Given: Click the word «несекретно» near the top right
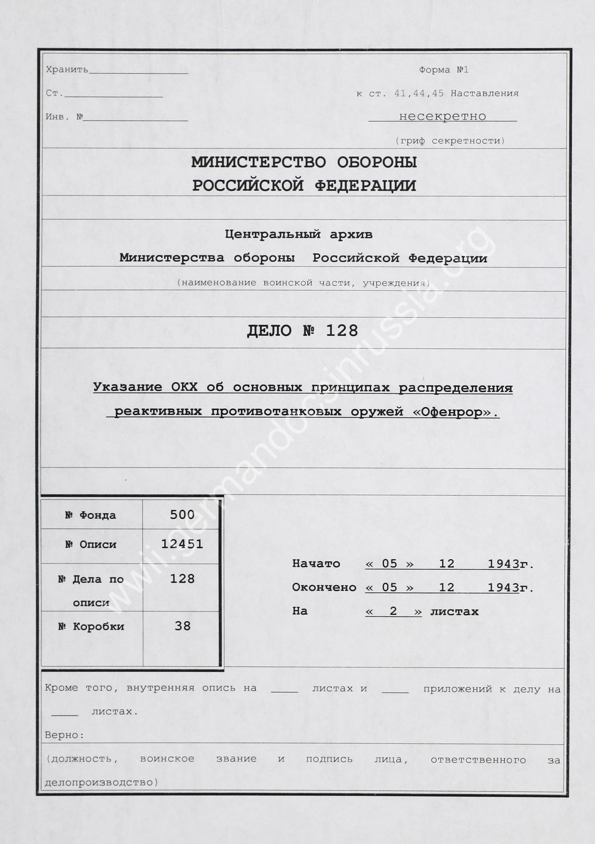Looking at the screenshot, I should pyautogui.click(x=442, y=116).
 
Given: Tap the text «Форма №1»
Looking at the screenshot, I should pyautogui.click(x=443, y=70).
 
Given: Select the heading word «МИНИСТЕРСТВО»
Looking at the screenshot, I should pyautogui.click(x=259, y=163).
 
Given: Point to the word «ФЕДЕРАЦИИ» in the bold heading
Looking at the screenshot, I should pyautogui.click(x=366, y=186).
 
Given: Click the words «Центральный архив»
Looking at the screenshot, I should pyautogui.click(x=299, y=234).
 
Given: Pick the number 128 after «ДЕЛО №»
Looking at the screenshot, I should pyautogui.click(x=342, y=331).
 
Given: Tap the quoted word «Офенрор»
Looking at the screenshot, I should pyautogui.click(x=462, y=412).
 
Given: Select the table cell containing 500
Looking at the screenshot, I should pyautogui.click(x=182, y=515).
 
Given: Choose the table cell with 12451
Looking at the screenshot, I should pyautogui.click(x=182, y=544).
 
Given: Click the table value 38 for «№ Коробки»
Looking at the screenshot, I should pyautogui.click(x=183, y=626).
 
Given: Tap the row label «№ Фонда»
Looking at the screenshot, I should pyautogui.click(x=90, y=515).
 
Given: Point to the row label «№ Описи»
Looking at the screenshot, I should pyautogui.click(x=90, y=544).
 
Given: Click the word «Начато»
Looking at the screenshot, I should pyautogui.click(x=316, y=564).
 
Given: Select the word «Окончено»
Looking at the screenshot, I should pyautogui.click(x=324, y=587).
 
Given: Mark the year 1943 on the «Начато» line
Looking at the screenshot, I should pyautogui.click(x=504, y=564).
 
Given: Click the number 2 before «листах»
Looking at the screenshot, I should pyautogui.click(x=393, y=611).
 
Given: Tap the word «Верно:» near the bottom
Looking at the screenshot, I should pyautogui.click(x=64, y=735).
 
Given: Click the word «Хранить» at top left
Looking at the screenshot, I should pyautogui.click(x=67, y=70).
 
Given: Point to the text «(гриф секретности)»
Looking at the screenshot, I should pyautogui.click(x=450, y=141).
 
